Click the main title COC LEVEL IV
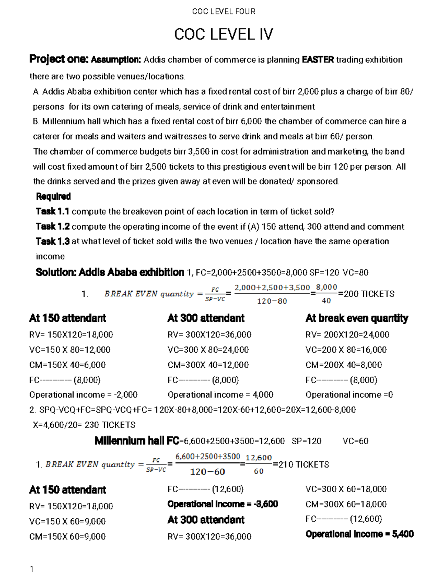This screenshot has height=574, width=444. (223, 34)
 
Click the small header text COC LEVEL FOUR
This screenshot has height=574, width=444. (223, 11)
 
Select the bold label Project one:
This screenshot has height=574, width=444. (59, 59)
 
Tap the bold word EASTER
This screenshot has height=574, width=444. (318, 60)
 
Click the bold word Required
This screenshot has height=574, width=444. (53, 196)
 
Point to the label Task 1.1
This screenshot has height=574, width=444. (53, 211)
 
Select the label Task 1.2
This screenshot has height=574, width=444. (53, 227)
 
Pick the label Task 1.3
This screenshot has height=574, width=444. (53, 241)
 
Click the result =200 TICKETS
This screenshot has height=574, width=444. (366, 294)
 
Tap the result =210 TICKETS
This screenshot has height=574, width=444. (300, 464)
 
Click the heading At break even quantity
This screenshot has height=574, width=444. (357, 318)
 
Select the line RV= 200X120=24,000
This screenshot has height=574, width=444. (347, 334)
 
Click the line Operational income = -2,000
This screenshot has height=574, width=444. (83, 395)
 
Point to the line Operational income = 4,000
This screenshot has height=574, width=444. (220, 395)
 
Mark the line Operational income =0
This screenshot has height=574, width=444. (349, 395)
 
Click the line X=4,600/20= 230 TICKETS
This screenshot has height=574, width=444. (84, 425)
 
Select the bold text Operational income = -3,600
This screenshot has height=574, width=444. (222, 504)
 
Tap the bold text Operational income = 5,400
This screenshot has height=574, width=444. (359, 534)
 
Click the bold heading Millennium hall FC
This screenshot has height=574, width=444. (137, 441)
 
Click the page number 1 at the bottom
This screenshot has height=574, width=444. (32, 569)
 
